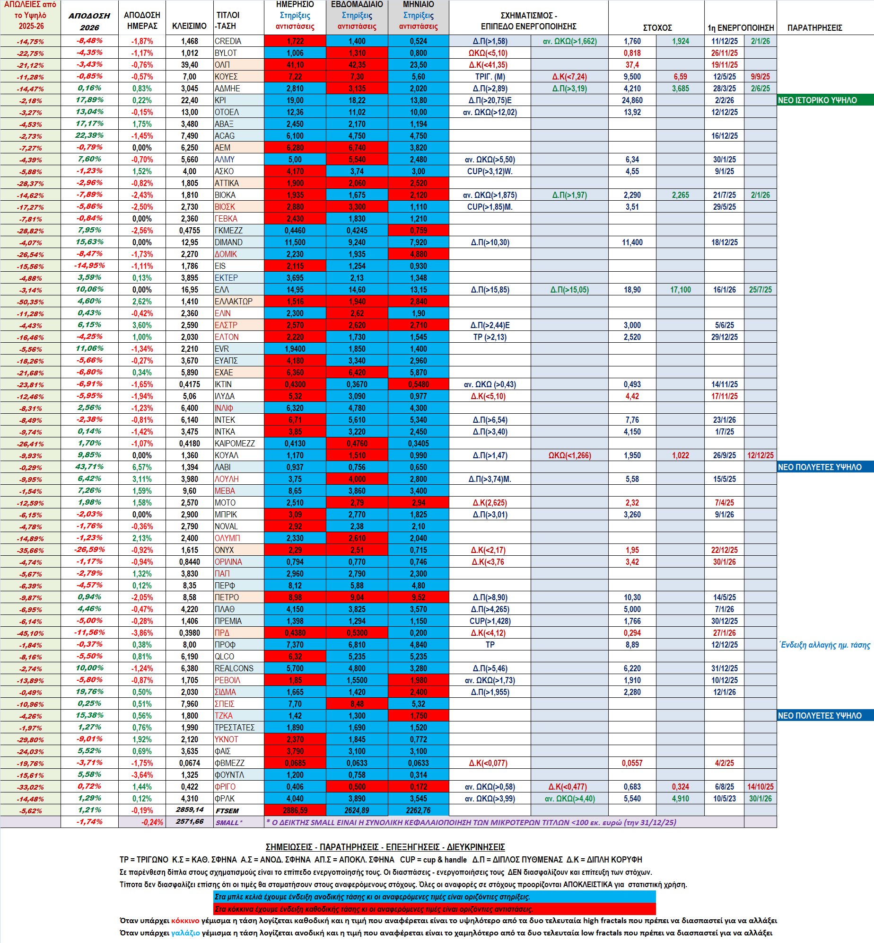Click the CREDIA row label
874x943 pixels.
pos(228,41)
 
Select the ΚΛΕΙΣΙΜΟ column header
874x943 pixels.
pos(189,26)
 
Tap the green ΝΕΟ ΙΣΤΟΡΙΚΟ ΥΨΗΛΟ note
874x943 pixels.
pos(817,100)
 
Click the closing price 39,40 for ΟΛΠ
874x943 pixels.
pos(189,65)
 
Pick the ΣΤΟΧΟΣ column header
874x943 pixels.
pos(657,27)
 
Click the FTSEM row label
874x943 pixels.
pos(227,810)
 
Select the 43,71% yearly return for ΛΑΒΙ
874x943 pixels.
pos(90,467)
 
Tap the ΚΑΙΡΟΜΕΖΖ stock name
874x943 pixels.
pos(235,444)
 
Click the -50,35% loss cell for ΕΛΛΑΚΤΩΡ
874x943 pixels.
pos(31,302)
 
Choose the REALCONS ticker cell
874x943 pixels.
pos(234,668)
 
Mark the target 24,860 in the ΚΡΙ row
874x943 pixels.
pos(632,100)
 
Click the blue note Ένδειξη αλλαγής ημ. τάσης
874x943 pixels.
pos(825,645)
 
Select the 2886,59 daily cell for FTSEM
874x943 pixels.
pos(295,810)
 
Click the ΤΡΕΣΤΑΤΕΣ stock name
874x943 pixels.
pos(235,728)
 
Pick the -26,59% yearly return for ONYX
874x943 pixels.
pos(90,550)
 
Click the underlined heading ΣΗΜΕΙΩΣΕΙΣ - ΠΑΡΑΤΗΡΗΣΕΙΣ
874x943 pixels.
pos(385,847)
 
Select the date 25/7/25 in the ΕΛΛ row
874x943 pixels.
pos(760,290)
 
